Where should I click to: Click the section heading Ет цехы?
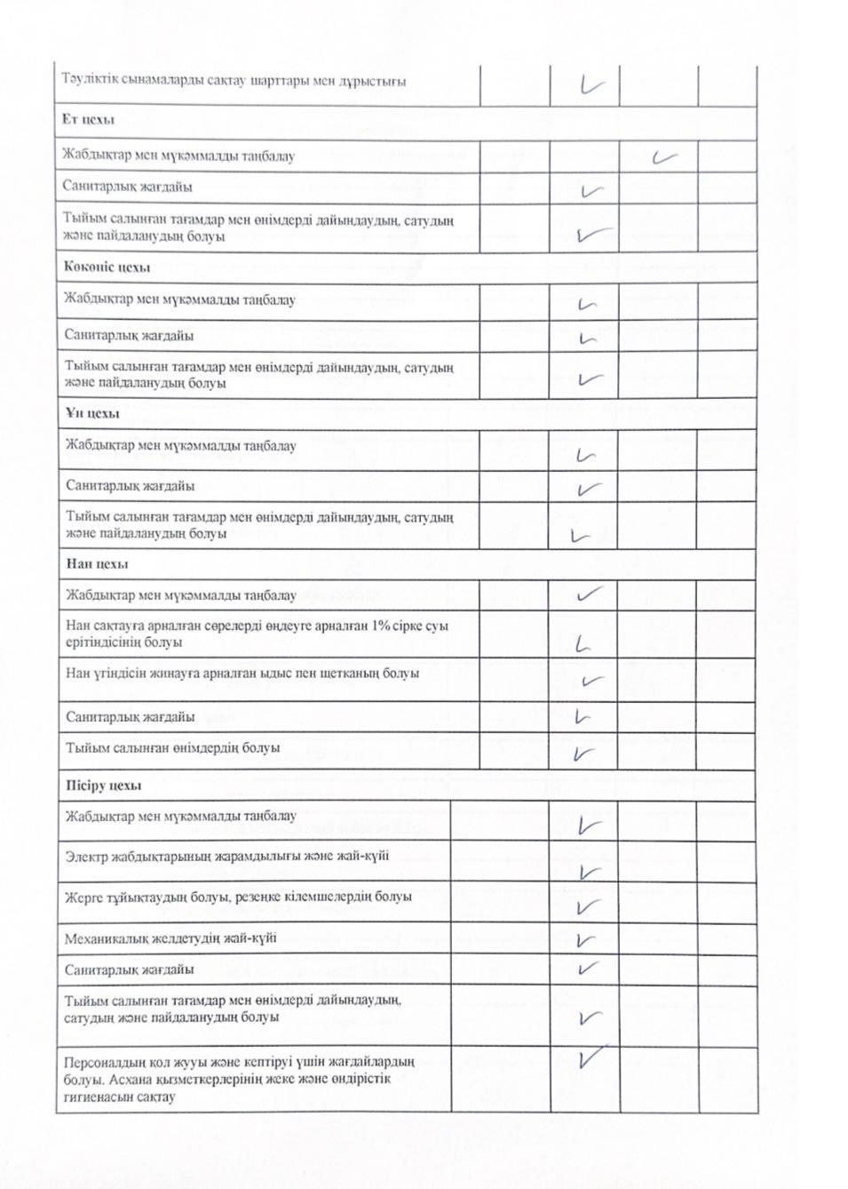pyautogui.click(x=88, y=120)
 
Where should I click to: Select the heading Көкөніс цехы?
pyautogui.click(x=107, y=267)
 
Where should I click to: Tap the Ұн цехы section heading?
pyautogui.click(x=92, y=414)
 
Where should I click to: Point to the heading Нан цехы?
pyautogui.click(x=97, y=564)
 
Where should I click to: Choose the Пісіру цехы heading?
pyautogui.click(x=103, y=786)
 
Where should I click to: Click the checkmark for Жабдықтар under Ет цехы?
pyautogui.click(x=663, y=157)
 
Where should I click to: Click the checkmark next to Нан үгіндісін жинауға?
pyautogui.click(x=591, y=682)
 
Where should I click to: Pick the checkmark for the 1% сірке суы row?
pyautogui.click(x=583, y=644)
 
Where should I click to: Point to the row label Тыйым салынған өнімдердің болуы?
pyautogui.click(x=172, y=748)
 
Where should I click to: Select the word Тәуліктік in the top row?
pyautogui.click(x=88, y=81)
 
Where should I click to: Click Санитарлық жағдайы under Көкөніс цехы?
pyautogui.click(x=129, y=336)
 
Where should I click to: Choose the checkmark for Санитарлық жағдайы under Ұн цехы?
pyautogui.click(x=590, y=490)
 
